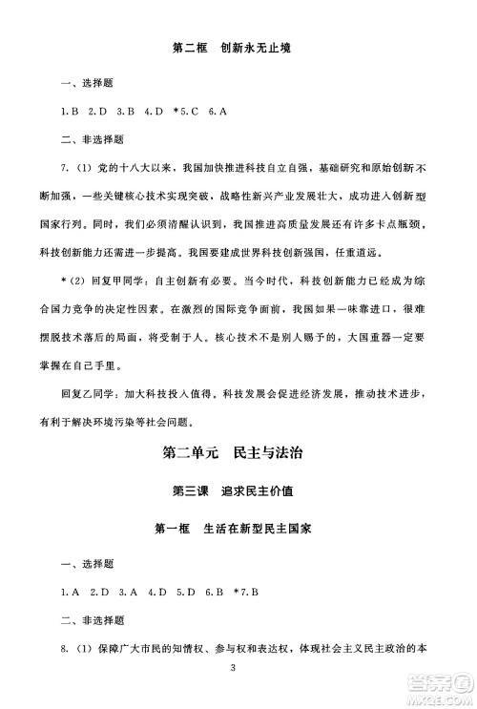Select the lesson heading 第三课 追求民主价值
[238, 491]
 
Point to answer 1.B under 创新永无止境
[69, 113]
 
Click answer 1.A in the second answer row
[69, 593]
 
